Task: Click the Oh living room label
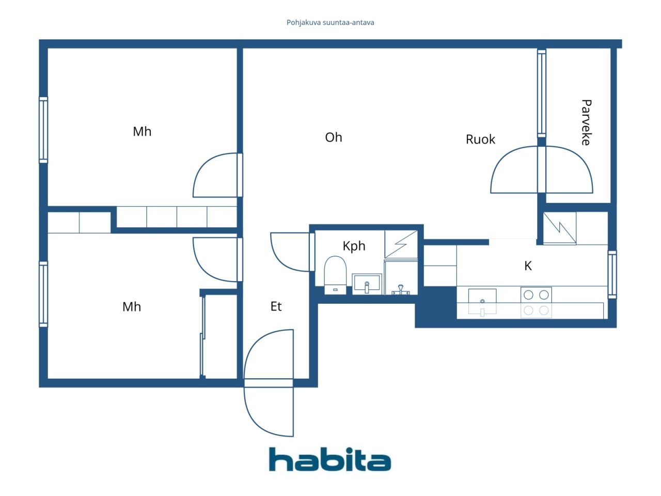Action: pos(334,137)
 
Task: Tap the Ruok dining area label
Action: pos(480,139)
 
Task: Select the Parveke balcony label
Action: pos(586,122)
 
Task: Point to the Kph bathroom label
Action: pos(354,246)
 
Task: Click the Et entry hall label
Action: pos(276,306)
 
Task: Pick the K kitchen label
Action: pos(528,266)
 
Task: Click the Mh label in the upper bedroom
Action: pos(142,131)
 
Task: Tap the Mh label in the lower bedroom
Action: pos(132,307)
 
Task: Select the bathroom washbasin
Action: pos(367,284)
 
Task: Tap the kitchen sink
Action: pos(482,302)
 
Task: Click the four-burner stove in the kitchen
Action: pos(536,302)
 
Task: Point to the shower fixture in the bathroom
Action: pos(401,289)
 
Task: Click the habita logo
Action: pos(330,459)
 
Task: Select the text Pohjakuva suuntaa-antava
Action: pos(330,23)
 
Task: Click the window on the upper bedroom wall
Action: pos(43,130)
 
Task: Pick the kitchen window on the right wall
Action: pos(612,274)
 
